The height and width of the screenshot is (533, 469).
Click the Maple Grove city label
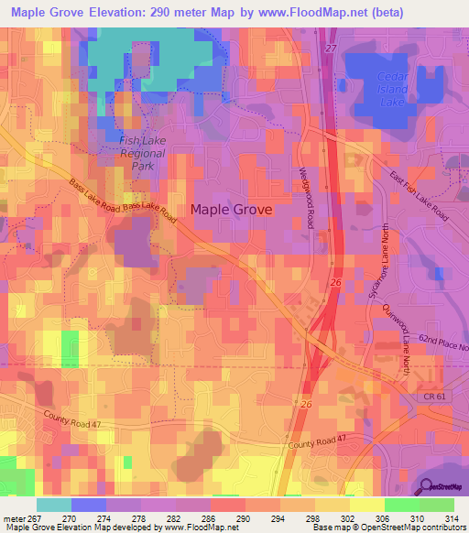pyautogui.click(x=231, y=209)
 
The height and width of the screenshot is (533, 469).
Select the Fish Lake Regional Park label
pyautogui.click(x=141, y=153)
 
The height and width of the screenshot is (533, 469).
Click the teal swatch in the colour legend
pyautogui.click(x=53, y=505)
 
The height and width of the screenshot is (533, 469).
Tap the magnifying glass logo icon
pyautogui.click(x=426, y=487)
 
